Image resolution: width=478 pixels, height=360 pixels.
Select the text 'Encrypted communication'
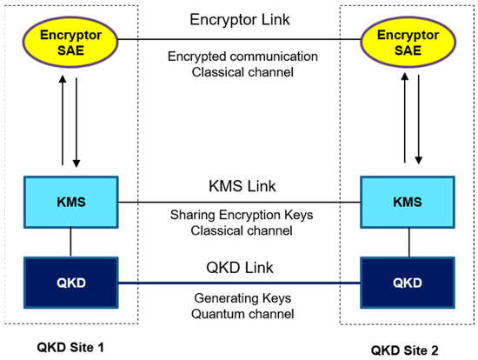[x=241, y=57]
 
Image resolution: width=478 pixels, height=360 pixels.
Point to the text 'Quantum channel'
[x=241, y=312]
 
